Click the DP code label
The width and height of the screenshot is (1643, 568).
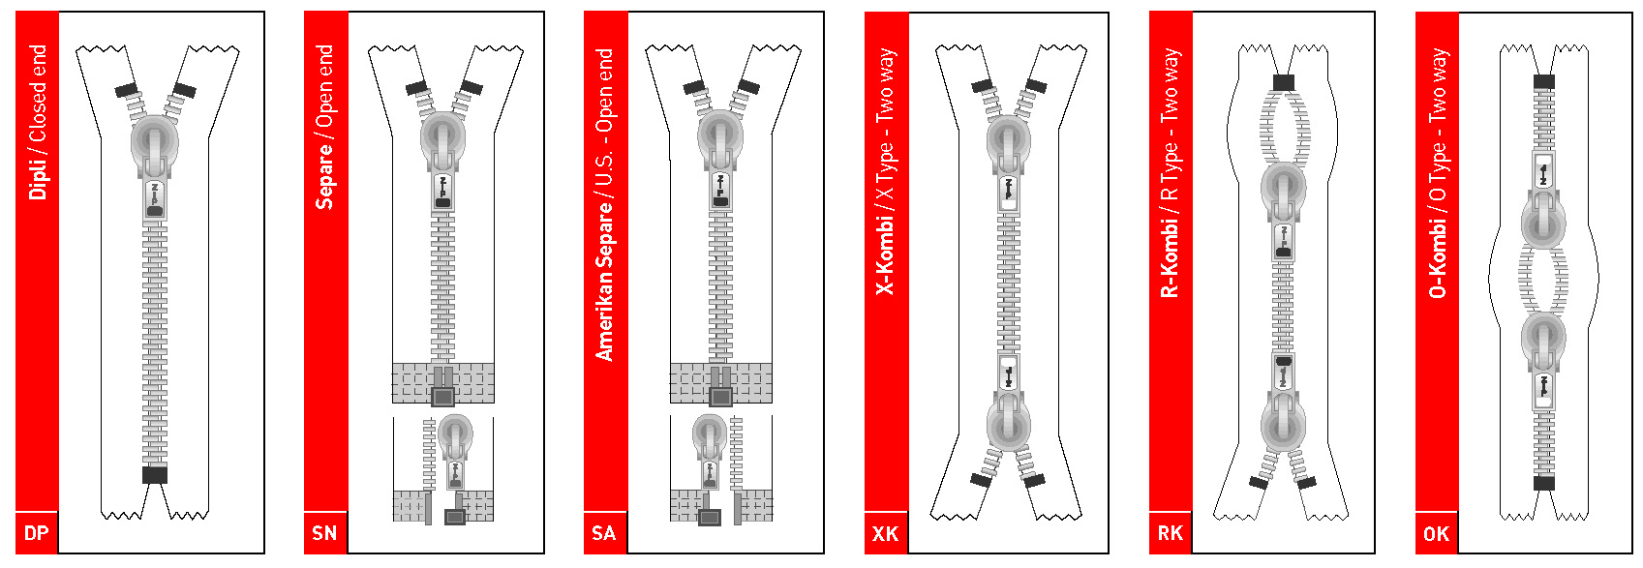[37, 533]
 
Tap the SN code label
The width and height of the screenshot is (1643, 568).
[325, 533]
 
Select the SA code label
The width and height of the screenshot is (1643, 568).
[604, 533]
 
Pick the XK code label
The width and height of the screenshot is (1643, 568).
[885, 534]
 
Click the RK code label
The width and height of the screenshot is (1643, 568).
[1170, 533]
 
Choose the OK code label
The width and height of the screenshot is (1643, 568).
[1436, 534]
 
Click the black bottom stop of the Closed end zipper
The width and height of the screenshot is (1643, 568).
[155, 474]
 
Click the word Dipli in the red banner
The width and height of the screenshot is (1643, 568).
[38, 174]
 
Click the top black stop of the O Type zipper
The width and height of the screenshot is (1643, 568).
[1544, 82]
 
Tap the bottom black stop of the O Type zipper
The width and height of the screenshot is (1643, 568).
[1544, 483]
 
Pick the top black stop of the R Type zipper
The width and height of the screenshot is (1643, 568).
[1283, 82]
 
